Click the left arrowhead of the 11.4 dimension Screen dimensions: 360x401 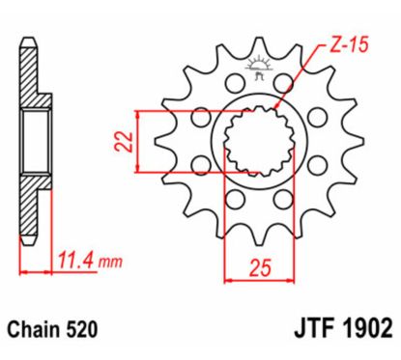[20, 274]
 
